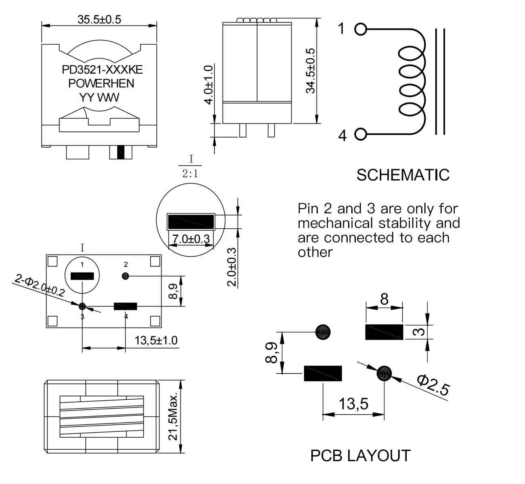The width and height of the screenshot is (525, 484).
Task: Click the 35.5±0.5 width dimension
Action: (99, 19)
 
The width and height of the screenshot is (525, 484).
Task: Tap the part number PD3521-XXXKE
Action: (102, 70)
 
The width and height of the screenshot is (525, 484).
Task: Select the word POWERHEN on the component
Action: (101, 83)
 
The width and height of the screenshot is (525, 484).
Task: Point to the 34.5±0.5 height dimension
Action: (310, 71)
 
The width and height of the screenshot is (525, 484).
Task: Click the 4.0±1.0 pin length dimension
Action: (208, 85)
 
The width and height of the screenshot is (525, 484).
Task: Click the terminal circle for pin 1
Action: (361, 29)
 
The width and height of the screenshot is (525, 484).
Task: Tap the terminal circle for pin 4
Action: (361, 134)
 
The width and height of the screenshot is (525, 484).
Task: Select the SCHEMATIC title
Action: (403, 175)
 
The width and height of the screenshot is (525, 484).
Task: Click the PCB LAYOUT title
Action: (360, 456)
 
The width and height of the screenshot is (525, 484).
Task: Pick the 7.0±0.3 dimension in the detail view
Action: (191, 239)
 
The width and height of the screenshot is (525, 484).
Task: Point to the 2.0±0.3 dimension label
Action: (231, 267)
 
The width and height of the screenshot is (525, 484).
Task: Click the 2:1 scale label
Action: (190, 174)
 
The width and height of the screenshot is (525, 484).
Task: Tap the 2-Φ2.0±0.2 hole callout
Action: (39, 286)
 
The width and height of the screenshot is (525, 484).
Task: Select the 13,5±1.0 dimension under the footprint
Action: (156, 340)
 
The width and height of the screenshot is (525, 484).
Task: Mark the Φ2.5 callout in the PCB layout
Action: (433, 385)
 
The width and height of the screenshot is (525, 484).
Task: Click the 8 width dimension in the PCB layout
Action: (384, 299)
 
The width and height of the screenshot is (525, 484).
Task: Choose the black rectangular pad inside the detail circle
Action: (191, 221)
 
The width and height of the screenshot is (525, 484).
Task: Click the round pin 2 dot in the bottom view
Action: (126, 276)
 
